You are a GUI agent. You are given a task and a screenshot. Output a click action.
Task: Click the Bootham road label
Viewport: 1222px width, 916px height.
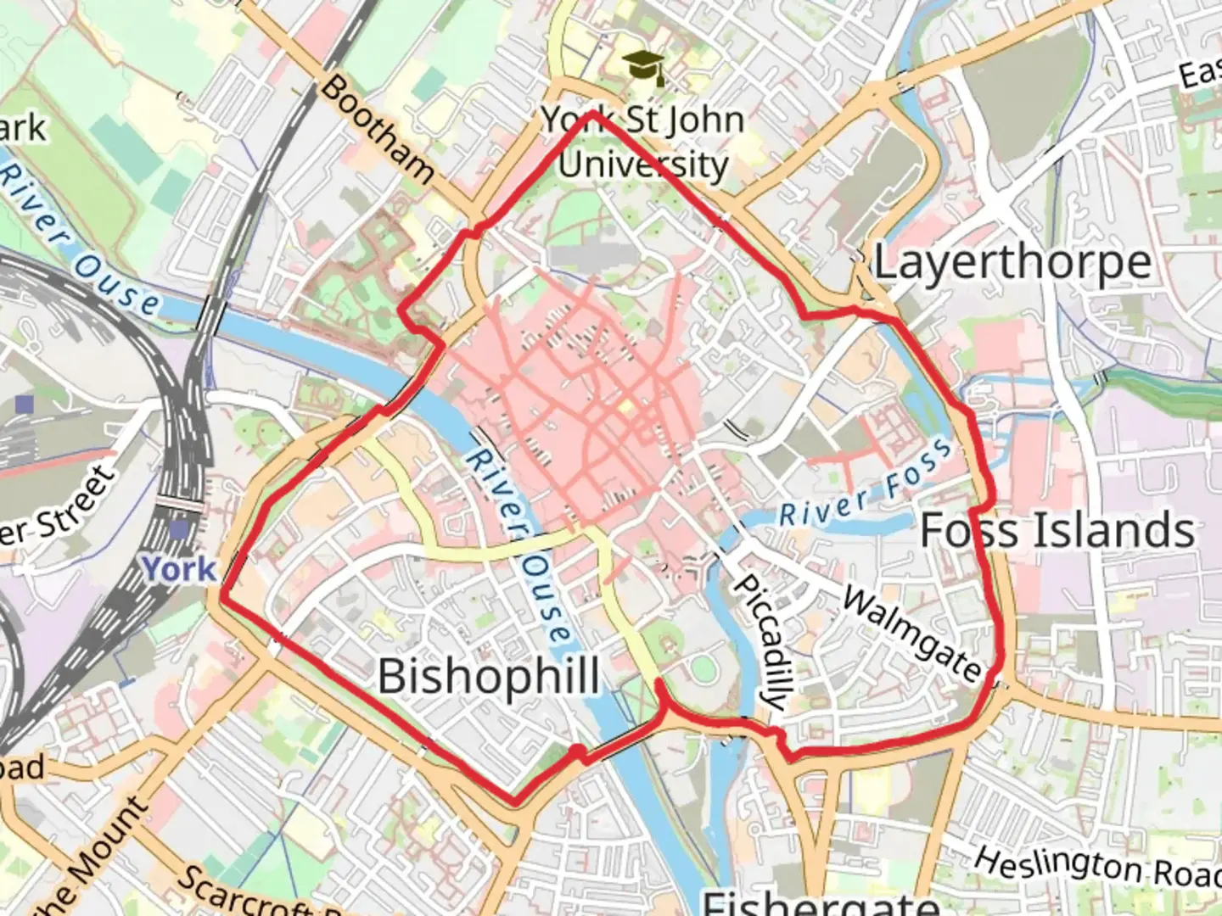pos(378,129)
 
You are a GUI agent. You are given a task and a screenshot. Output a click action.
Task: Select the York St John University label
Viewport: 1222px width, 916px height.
pos(642,142)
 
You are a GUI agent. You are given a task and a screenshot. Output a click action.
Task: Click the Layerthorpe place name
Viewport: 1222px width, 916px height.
pos(1012,262)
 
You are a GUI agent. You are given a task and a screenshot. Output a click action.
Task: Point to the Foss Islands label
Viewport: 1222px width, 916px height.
pos(1057,530)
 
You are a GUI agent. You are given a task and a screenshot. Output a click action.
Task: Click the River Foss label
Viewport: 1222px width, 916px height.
pos(866,483)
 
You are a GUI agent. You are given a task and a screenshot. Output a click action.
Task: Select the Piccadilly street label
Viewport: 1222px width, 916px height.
pos(760,642)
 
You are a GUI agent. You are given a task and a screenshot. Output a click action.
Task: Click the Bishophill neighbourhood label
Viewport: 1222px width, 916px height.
pos(488,676)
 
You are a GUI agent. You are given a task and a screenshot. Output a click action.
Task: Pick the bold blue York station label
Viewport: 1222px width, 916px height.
pos(179,569)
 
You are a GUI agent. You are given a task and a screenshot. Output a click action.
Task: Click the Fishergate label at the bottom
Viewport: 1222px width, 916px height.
pos(820,902)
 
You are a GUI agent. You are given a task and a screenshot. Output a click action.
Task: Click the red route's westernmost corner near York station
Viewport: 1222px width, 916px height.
pos(223,596)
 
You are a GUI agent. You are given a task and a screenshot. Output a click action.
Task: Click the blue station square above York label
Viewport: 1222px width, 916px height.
pos(179,529)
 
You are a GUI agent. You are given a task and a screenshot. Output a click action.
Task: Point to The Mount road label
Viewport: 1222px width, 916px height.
pos(89,861)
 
